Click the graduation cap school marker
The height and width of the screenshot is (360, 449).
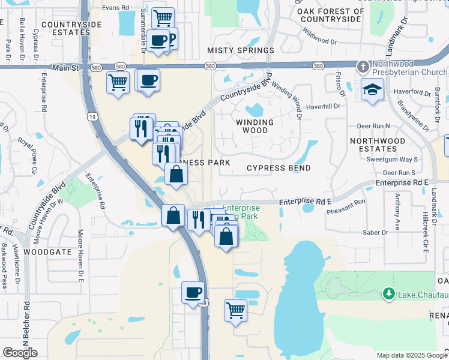[x=373, y=90]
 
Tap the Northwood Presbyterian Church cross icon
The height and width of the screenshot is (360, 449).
[x=363, y=65]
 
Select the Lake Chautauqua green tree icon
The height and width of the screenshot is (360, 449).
[x=388, y=293]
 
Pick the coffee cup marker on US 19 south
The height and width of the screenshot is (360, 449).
[x=193, y=293]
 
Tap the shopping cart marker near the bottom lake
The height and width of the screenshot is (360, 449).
[x=235, y=310]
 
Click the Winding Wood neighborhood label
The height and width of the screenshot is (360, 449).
[x=259, y=126]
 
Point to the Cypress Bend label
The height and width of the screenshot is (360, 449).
[x=279, y=168]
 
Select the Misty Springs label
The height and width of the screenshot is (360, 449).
[x=240, y=50]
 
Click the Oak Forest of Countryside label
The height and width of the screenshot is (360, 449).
[x=332, y=15]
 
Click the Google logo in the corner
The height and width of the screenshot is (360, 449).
[x=20, y=352]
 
